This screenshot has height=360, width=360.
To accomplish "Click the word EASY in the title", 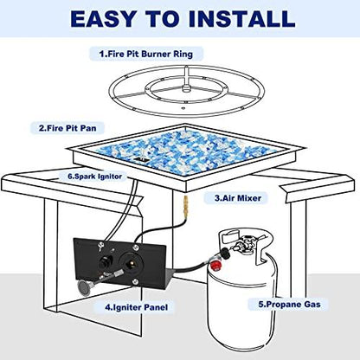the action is click(x=103, y=19).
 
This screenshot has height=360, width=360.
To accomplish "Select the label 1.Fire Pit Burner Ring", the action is click(x=146, y=54).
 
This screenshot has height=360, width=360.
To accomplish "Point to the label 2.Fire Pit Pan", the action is click(x=67, y=128).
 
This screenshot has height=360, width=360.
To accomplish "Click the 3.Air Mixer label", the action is click(x=238, y=198).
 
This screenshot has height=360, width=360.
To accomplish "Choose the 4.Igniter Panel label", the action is click(x=136, y=307).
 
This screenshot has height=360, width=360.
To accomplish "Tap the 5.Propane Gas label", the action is click(x=289, y=304).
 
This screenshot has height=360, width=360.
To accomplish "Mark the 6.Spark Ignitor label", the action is click(x=95, y=176).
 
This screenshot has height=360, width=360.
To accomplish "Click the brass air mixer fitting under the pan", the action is click(x=184, y=205).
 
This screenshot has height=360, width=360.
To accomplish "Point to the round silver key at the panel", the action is click(x=84, y=287).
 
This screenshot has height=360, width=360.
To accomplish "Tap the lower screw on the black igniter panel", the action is click(x=135, y=282).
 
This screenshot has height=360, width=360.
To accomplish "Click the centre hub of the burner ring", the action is click(x=187, y=87).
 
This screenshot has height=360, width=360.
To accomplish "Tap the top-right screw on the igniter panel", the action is click(x=135, y=247).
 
